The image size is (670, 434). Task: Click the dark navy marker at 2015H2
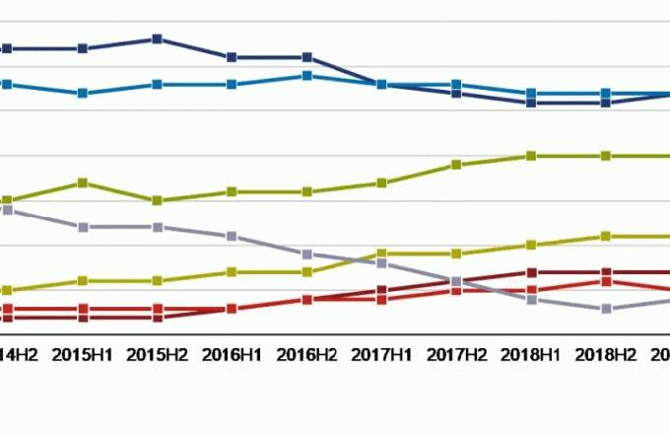(x=157, y=39)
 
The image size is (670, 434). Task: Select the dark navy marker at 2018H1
(x=531, y=103)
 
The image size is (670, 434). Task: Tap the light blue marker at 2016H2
(x=306, y=76)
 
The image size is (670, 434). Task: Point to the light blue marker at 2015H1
(x=83, y=94)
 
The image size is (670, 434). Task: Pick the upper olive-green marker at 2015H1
(x=83, y=183)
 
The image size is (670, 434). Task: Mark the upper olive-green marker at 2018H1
(x=531, y=156)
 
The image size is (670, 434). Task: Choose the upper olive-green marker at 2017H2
(x=456, y=165)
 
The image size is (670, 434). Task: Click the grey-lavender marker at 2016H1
(x=232, y=237)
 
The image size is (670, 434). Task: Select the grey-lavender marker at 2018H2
(x=606, y=309)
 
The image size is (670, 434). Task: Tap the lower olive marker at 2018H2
(x=606, y=237)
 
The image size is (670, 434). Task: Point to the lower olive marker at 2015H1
(x=83, y=281)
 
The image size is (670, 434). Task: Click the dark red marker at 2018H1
(x=531, y=272)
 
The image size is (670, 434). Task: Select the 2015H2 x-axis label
(x=157, y=352)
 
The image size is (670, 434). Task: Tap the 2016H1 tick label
(x=232, y=352)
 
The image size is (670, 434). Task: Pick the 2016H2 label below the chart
(x=306, y=352)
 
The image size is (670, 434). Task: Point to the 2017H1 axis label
(x=381, y=352)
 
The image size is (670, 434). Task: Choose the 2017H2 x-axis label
(x=456, y=352)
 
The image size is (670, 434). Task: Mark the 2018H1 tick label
(x=531, y=352)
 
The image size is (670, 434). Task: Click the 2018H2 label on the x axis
(x=606, y=352)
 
